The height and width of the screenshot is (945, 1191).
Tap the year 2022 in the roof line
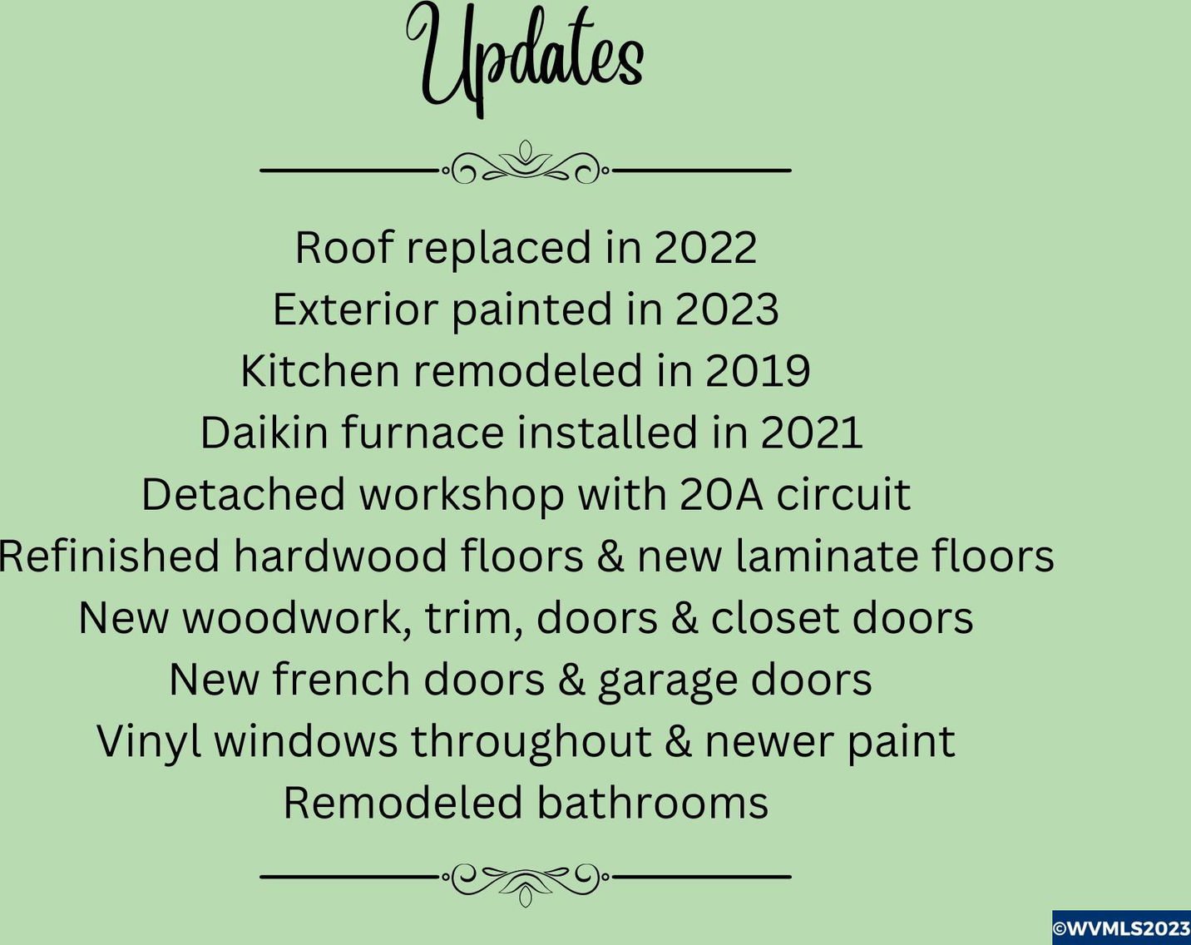705,247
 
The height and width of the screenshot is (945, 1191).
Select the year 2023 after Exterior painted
727,309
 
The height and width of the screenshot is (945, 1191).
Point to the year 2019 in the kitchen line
758,370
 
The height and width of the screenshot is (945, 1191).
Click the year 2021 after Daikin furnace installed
812,433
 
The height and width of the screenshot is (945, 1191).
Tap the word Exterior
356,309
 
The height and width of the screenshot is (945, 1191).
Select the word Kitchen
320,370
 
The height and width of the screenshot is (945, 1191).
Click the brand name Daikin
264,432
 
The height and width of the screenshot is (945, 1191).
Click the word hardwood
340,555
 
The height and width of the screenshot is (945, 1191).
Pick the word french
341,679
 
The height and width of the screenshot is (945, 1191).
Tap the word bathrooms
653,802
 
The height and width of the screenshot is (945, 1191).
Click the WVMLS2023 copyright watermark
1121,928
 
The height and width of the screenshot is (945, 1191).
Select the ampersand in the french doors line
571,680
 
